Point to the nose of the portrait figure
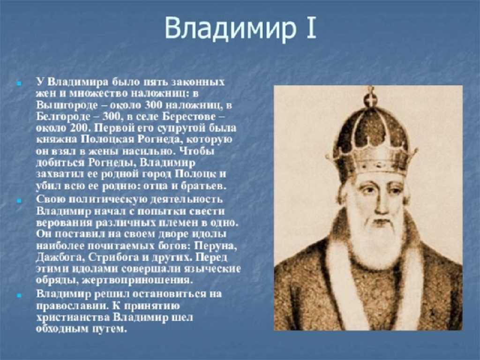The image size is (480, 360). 381,203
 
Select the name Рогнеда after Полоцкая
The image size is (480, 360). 158,140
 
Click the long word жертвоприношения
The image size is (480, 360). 138,280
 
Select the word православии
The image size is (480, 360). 71,306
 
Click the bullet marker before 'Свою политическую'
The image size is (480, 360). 19,201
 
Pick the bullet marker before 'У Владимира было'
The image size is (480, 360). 19,83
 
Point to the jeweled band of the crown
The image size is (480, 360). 371,161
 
